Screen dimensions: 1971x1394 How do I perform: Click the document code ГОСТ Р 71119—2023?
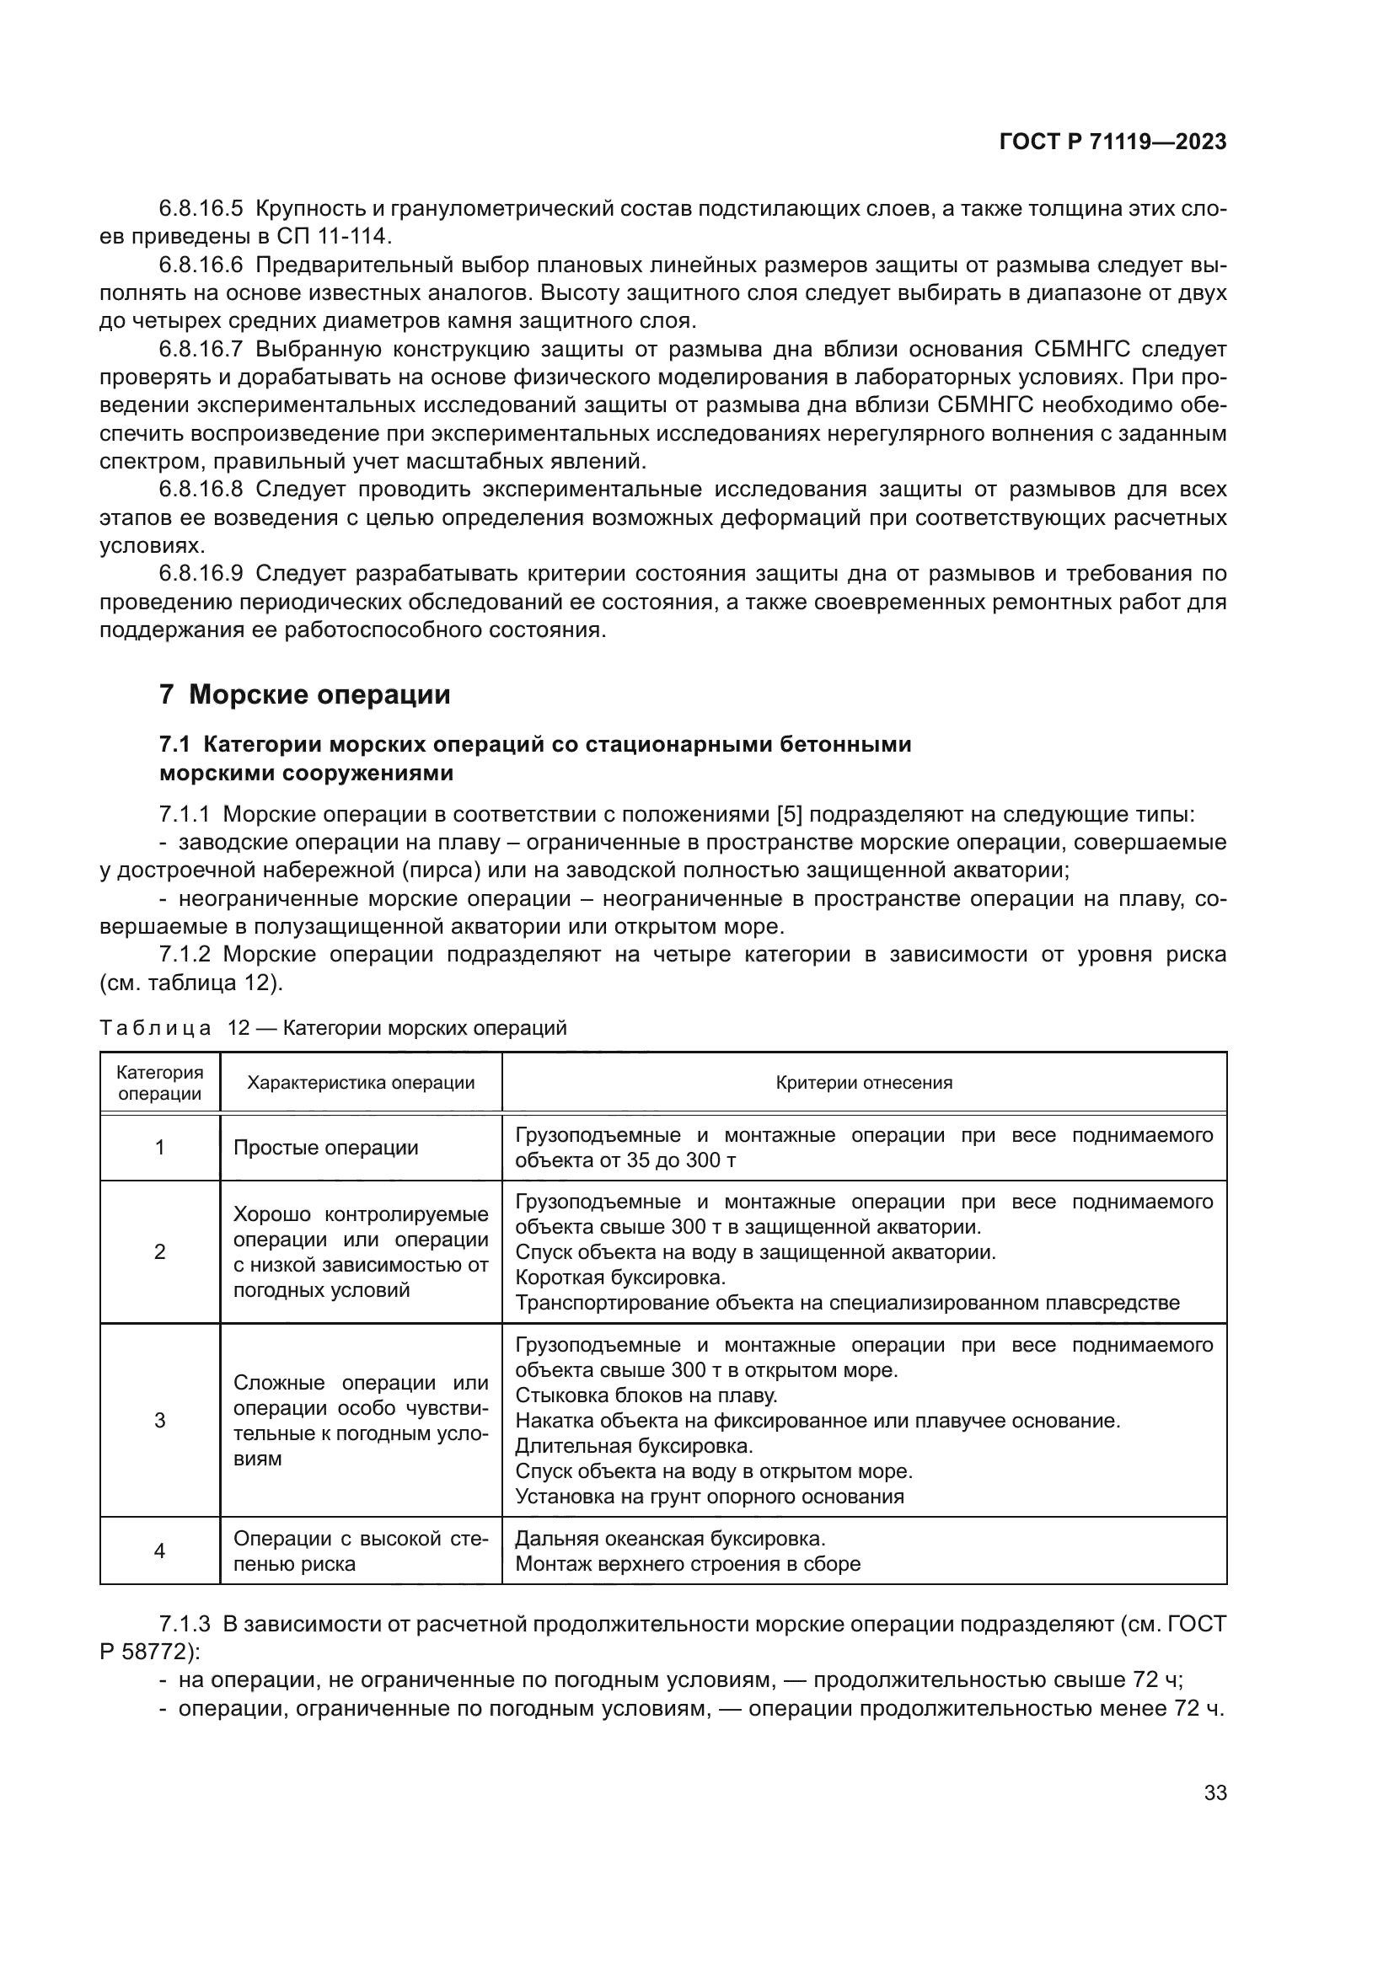pos(1113,142)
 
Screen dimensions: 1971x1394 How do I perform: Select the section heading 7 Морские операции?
pos(305,694)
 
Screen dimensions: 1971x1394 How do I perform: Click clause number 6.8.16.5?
pos(201,208)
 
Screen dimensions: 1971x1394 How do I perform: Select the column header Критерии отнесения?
pos(864,1083)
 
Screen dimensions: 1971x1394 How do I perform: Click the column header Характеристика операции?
pos(361,1083)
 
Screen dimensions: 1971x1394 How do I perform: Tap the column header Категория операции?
pos(159,1083)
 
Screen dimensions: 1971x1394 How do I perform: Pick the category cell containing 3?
pos(159,1420)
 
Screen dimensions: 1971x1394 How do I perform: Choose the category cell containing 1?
pos(159,1148)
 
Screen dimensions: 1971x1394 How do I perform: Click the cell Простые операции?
pos(326,1148)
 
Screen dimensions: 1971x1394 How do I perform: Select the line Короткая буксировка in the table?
pos(620,1277)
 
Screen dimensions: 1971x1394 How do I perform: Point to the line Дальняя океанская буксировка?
pos(669,1539)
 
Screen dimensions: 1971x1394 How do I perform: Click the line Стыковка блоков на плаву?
pos(646,1395)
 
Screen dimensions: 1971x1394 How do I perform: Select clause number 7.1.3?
pos(185,1624)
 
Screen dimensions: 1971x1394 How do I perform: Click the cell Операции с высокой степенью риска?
pos(361,1551)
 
